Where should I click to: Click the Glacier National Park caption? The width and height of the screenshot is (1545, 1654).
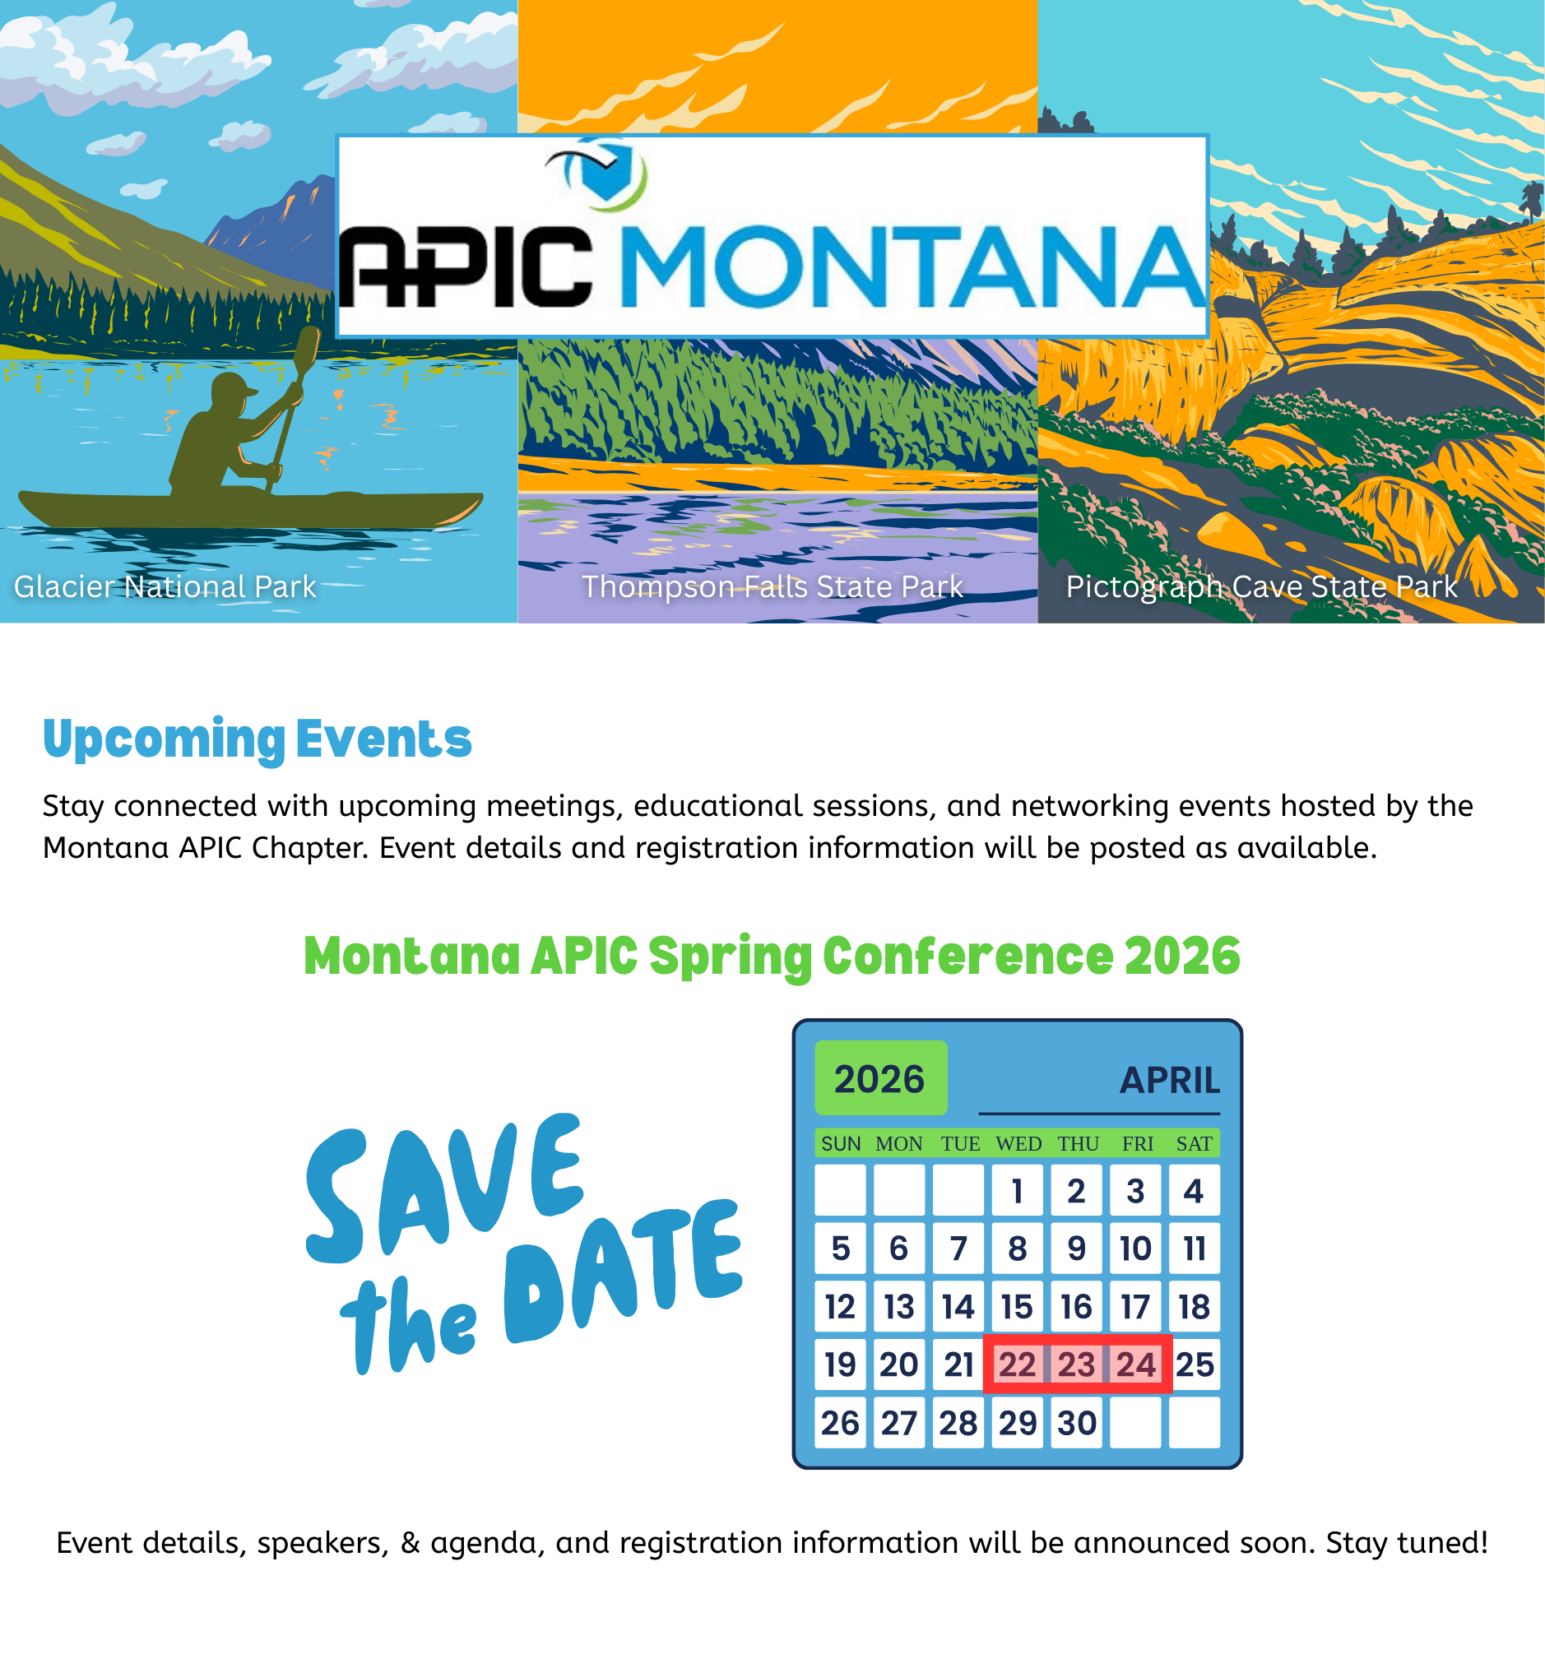(x=165, y=586)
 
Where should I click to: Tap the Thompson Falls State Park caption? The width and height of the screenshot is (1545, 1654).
(x=772, y=586)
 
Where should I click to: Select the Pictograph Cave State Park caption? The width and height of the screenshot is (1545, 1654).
(x=1261, y=586)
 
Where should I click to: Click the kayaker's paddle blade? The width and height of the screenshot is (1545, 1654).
(x=307, y=349)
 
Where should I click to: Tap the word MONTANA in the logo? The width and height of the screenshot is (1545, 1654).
(x=913, y=266)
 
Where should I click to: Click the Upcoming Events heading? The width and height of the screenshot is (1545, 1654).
(x=257, y=739)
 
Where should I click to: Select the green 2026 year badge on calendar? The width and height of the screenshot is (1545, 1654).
(x=880, y=1077)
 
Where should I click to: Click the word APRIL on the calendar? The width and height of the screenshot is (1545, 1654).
(x=1169, y=1080)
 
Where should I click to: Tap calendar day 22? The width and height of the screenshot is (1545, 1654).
(x=1017, y=1364)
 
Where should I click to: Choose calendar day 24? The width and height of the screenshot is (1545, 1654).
(x=1135, y=1364)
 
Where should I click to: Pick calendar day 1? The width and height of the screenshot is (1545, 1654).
(x=1017, y=1191)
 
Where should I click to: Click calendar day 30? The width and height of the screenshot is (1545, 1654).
(x=1077, y=1423)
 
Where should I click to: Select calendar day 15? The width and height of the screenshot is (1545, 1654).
(x=1017, y=1307)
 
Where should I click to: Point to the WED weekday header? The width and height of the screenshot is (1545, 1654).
(x=1018, y=1144)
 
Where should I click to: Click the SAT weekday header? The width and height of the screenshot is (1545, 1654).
(x=1194, y=1144)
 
